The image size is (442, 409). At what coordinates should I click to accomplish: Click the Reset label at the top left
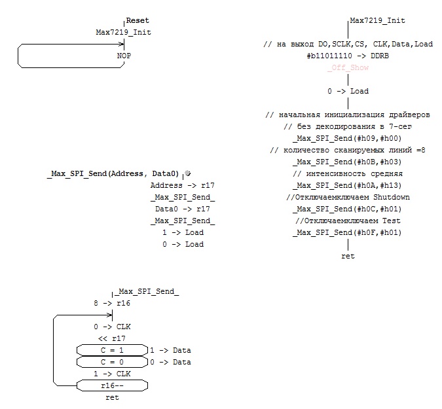pyautogui.click(x=138, y=21)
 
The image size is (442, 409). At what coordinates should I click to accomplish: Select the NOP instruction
pyautogui.click(x=124, y=56)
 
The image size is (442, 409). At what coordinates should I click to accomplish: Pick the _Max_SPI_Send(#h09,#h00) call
pyautogui.click(x=347, y=138)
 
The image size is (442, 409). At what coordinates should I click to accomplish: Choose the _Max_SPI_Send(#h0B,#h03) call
pyautogui.click(x=347, y=162)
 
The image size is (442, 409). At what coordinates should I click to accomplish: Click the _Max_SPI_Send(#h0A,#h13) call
pyautogui.click(x=347, y=185)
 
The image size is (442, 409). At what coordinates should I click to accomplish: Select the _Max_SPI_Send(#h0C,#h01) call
pyautogui.click(x=347, y=209)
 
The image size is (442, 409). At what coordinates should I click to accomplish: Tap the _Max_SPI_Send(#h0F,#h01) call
pyautogui.click(x=347, y=232)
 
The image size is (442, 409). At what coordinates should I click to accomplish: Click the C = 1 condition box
pyautogui.click(x=111, y=350)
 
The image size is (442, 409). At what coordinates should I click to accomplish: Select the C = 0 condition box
pyautogui.click(x=111, y=362)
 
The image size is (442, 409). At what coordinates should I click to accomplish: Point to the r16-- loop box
pyautogui.click(x=111, y=385)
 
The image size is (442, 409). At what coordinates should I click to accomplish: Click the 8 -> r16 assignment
pyautogui.click(x=112, y=303)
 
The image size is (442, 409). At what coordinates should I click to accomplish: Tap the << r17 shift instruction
pyautogui.click(x=111, y=338)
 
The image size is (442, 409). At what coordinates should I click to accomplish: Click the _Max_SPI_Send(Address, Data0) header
pyautogui.click(x=113, y=173)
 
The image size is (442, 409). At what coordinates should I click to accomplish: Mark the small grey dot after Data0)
pyautogui.click(x=187, y=173)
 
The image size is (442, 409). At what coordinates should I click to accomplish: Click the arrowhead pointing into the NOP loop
pyautogui.click(x=122, y=44)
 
